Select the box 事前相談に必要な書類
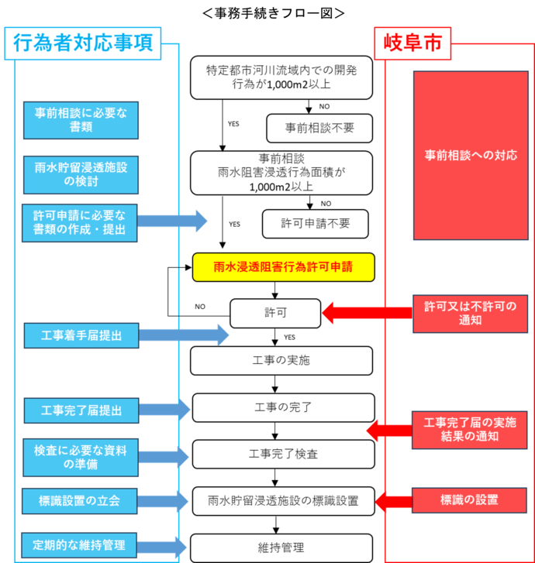pos(81,120)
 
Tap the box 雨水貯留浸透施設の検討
pos(81,175)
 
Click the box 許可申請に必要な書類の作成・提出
pos(80,223)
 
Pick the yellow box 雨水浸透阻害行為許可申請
pos(283,267)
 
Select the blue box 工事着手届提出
pos(81,335)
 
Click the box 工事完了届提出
pos(81,410)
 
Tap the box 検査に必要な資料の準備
pos(81,457)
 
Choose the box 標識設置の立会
pos(80,501)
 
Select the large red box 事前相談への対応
pos(471,156)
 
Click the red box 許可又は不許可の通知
pos(470,313)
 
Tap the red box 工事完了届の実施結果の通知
pos(470,430)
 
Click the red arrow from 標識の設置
pos(393,501)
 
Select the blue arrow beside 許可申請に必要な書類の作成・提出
pos(174,221)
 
